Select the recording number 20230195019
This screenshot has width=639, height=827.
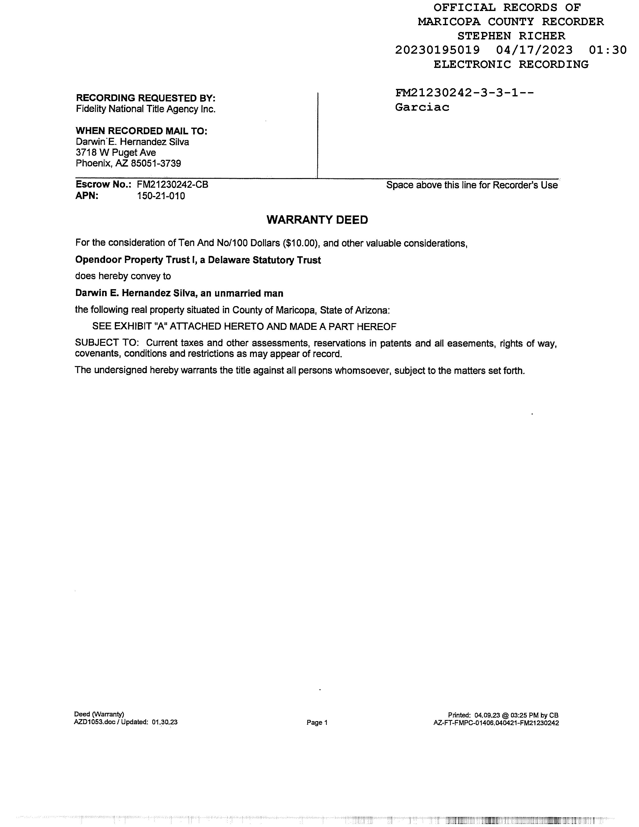coord(437,50)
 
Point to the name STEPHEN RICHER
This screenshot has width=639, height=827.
coord(511,36)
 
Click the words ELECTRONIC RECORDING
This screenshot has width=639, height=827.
coord(511,64)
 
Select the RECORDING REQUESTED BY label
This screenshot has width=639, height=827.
coord(146,98)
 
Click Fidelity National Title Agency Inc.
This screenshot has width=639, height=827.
coord(146,109)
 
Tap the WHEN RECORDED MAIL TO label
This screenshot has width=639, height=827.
coord(142,131)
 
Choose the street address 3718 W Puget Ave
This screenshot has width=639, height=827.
coord(116,153)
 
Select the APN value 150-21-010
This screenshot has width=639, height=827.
coord(161,196)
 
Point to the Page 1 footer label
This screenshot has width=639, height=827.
coord(317,722)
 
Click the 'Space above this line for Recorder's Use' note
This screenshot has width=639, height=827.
coord(472,185)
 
